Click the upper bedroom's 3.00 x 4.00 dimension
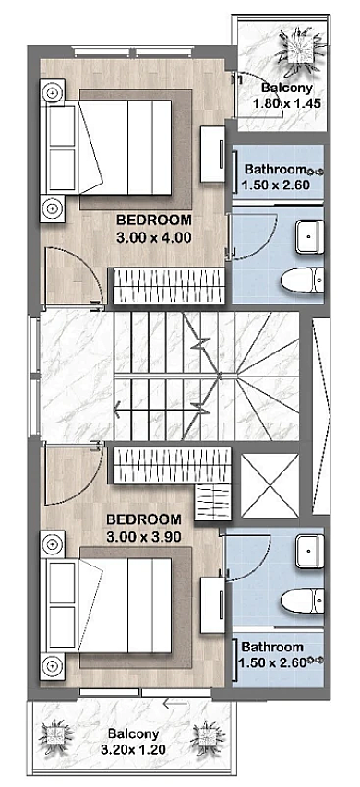coord(153,237)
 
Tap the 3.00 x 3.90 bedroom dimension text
coord(144,537)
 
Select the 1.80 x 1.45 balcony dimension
coord(286,104)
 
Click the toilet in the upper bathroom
coord(302,280)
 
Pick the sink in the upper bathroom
coord(309,237)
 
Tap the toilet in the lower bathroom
coord(302,602)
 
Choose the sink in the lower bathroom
coord(309,551)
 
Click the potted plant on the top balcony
coord(300,50)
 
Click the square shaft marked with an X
coord(270,485)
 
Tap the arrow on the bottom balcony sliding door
coord(175,704)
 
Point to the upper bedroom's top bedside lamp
coord(53,92)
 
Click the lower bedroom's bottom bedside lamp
coord(53,666)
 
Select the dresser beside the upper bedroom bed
coord(212,153)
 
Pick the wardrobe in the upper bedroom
coord(168,286)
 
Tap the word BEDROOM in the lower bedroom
coord(144,519)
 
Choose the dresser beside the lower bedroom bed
coord(212,605)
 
